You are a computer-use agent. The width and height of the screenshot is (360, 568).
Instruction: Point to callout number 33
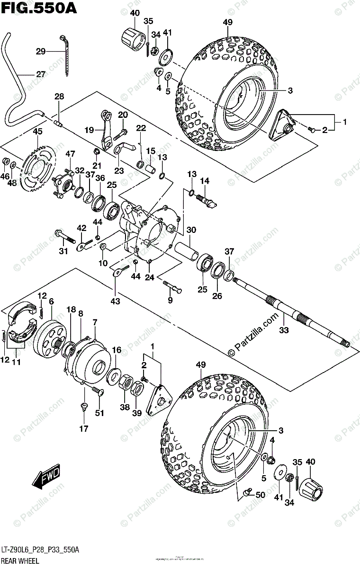283,330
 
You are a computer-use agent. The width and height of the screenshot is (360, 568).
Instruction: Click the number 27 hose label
41,74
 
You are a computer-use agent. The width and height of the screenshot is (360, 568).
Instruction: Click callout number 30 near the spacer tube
191,230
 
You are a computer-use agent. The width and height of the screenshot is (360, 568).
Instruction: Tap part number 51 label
99,412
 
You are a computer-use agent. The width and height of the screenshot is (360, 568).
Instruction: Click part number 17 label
84,429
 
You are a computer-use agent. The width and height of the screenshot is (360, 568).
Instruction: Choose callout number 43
115,301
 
